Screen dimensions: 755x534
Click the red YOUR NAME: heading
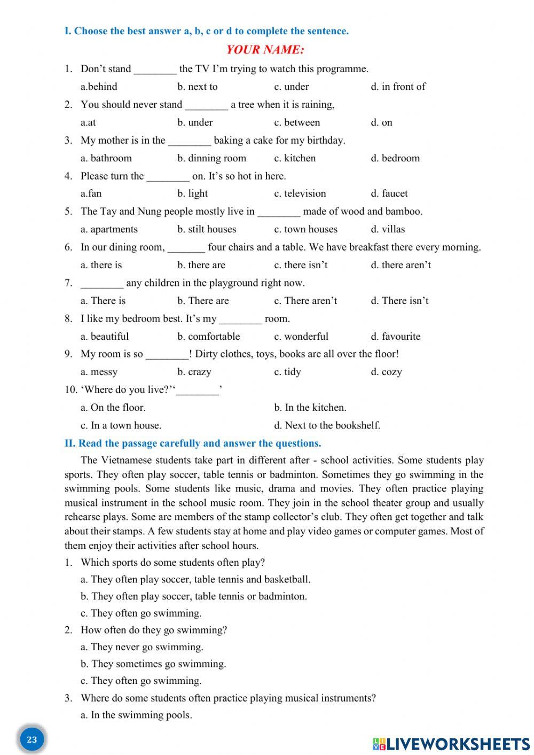pyautogui.click(x=265, y=50)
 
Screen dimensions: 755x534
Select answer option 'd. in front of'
pyautogui.click(x=398, y=87)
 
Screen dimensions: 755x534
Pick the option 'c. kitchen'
pyautogui.click(x=295, y=158)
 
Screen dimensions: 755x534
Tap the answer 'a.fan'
pyautogui.click(x=91, y=193)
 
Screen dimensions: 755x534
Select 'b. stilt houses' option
pyautogui.click(x=207, y=229)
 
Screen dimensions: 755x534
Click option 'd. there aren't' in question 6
pyautogui.click(x=400, y=265)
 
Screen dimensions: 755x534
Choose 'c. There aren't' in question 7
pyautogui.click(x=305, y=301)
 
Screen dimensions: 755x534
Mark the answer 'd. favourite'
pyautogui.click(x=395, y=337)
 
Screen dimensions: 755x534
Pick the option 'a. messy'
pyautogui.click(x=99, y=372)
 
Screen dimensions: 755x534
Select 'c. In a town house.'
pyautogui.click(x=121, y=425)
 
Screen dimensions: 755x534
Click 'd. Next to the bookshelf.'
pyautogui.click(x=327, y=425)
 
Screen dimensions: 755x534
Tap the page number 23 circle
pyautogui.click(x=32, y=740)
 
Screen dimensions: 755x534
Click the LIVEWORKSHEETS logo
pyautogui.click(x=451, y=743)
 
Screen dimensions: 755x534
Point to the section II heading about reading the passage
pyautogui.click(x=193, y=443)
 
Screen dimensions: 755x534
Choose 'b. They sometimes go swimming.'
pyautogui.click(x=153, y=664)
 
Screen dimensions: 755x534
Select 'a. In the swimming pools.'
pyautogui.click(x=136, y=715)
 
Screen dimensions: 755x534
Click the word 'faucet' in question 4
pyautogui.click(x=395, y=193)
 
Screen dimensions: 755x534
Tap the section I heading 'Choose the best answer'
pyautogui.click(x=207, y=31)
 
